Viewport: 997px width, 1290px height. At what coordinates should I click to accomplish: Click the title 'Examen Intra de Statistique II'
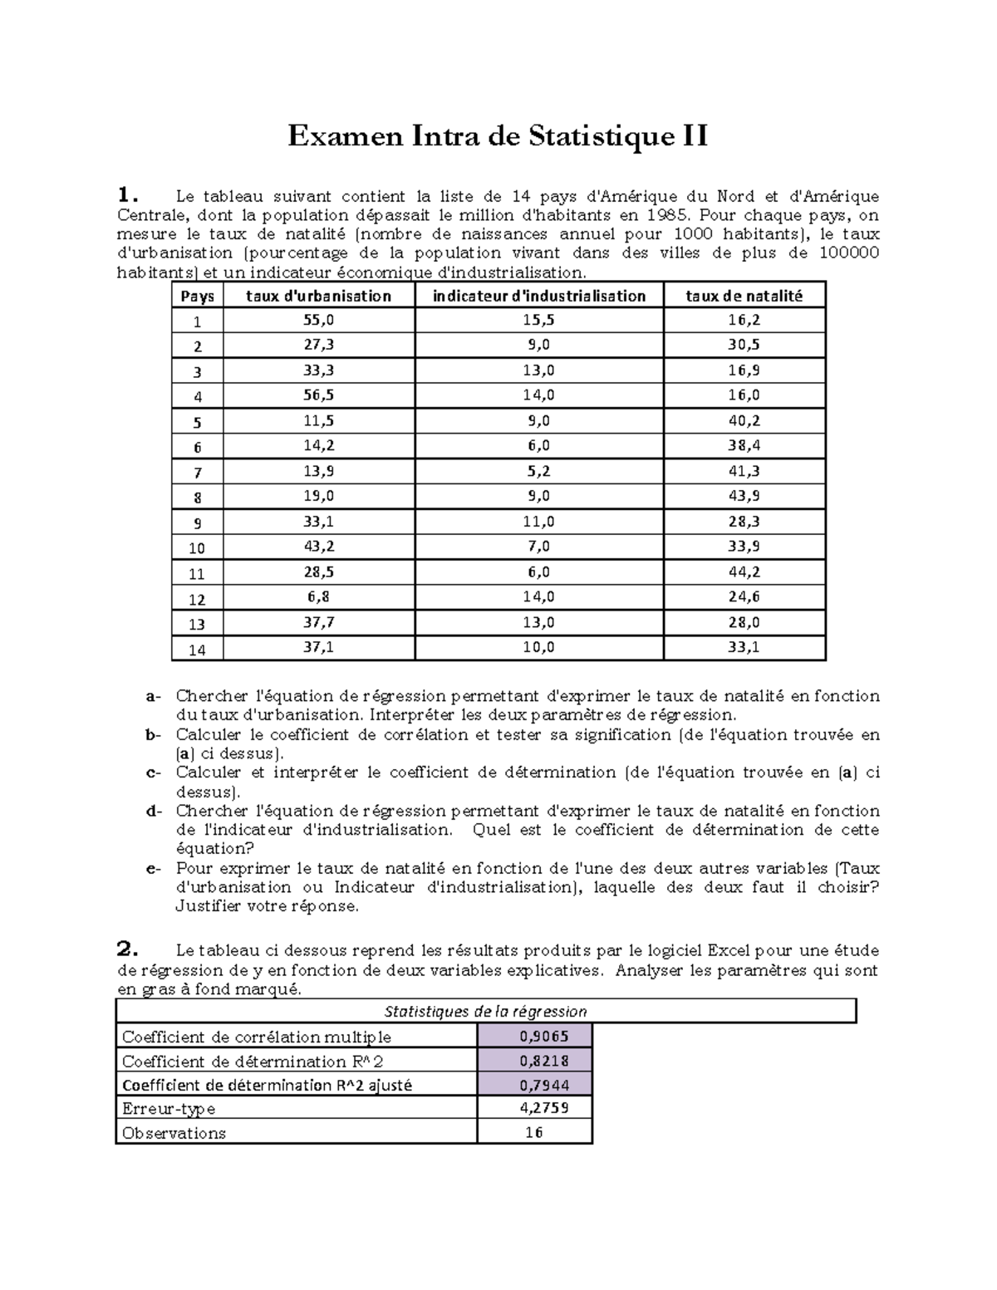[x=498, y=135]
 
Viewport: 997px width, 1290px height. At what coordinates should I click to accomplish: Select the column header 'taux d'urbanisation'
[x=318, y=296]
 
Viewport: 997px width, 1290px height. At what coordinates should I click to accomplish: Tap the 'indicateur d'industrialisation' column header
[x=539, y=296]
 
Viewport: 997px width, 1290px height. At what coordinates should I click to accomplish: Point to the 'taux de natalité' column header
[x=744, y=296]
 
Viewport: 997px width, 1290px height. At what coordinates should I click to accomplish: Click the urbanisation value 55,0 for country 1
[x=318, y=320]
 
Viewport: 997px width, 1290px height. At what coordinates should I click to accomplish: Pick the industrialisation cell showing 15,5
[x=538, y=320]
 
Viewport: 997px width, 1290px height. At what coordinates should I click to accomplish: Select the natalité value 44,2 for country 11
[x=744, y=571]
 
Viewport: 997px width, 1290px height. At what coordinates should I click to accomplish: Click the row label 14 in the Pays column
[x=197, y=650]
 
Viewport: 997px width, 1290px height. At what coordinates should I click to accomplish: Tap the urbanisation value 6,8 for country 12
[x=318, y=596]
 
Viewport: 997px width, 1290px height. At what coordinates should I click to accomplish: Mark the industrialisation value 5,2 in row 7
[x=538, y=471]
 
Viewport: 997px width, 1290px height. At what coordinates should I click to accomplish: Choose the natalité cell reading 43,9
[x=744, y=496]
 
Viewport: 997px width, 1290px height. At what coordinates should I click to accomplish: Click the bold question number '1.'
[x=125, y=196]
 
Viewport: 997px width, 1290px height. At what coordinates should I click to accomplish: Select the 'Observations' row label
[x=174, y=1133]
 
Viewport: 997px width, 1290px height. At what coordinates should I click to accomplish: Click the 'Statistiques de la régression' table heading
[x=485, y=1011]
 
